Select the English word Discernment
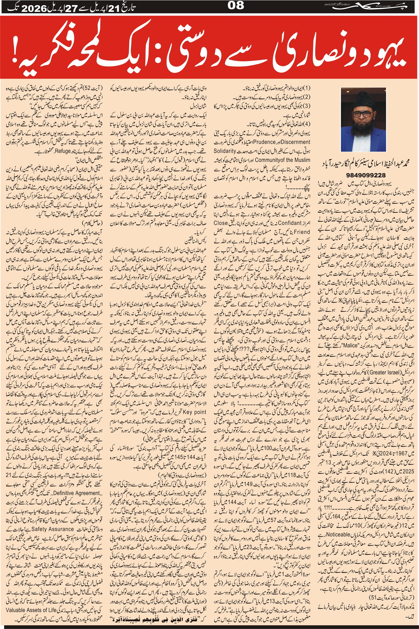click(293, 142)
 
